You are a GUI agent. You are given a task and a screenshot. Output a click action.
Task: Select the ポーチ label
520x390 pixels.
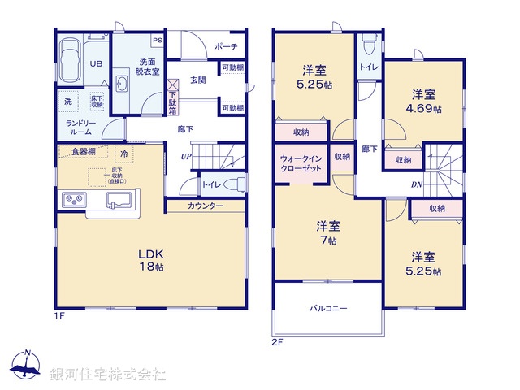(x=227, y=47)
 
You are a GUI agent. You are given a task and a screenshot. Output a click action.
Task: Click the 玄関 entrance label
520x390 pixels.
(x=197, y=80)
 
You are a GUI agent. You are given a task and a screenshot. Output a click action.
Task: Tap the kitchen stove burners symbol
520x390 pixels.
(x=71, y=200)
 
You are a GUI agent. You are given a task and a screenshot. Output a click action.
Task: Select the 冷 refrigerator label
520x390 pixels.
(x=124, y=152)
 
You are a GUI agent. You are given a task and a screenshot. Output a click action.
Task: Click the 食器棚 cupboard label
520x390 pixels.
(x=83, y=151)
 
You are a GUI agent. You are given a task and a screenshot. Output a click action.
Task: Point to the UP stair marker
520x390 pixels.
(x=185, y=156)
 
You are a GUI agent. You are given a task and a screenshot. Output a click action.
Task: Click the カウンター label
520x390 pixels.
(x=206, y=206)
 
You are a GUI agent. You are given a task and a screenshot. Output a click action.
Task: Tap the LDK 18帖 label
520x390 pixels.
(x=152, y=258)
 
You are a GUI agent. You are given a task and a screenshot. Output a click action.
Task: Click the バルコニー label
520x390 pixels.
(x=328, y=309)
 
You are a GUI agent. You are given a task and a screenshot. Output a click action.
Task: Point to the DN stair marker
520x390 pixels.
(x=415, y=185)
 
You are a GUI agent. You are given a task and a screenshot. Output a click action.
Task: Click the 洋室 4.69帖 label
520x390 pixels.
(x=425, y=101)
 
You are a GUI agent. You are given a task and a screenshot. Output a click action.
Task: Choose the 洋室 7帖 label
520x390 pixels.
(x=327, y=233)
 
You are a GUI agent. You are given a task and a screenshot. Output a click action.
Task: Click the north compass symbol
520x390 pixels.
(x=27, y=366)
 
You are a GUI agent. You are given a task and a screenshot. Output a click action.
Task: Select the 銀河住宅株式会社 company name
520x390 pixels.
(x=108, y=375)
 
